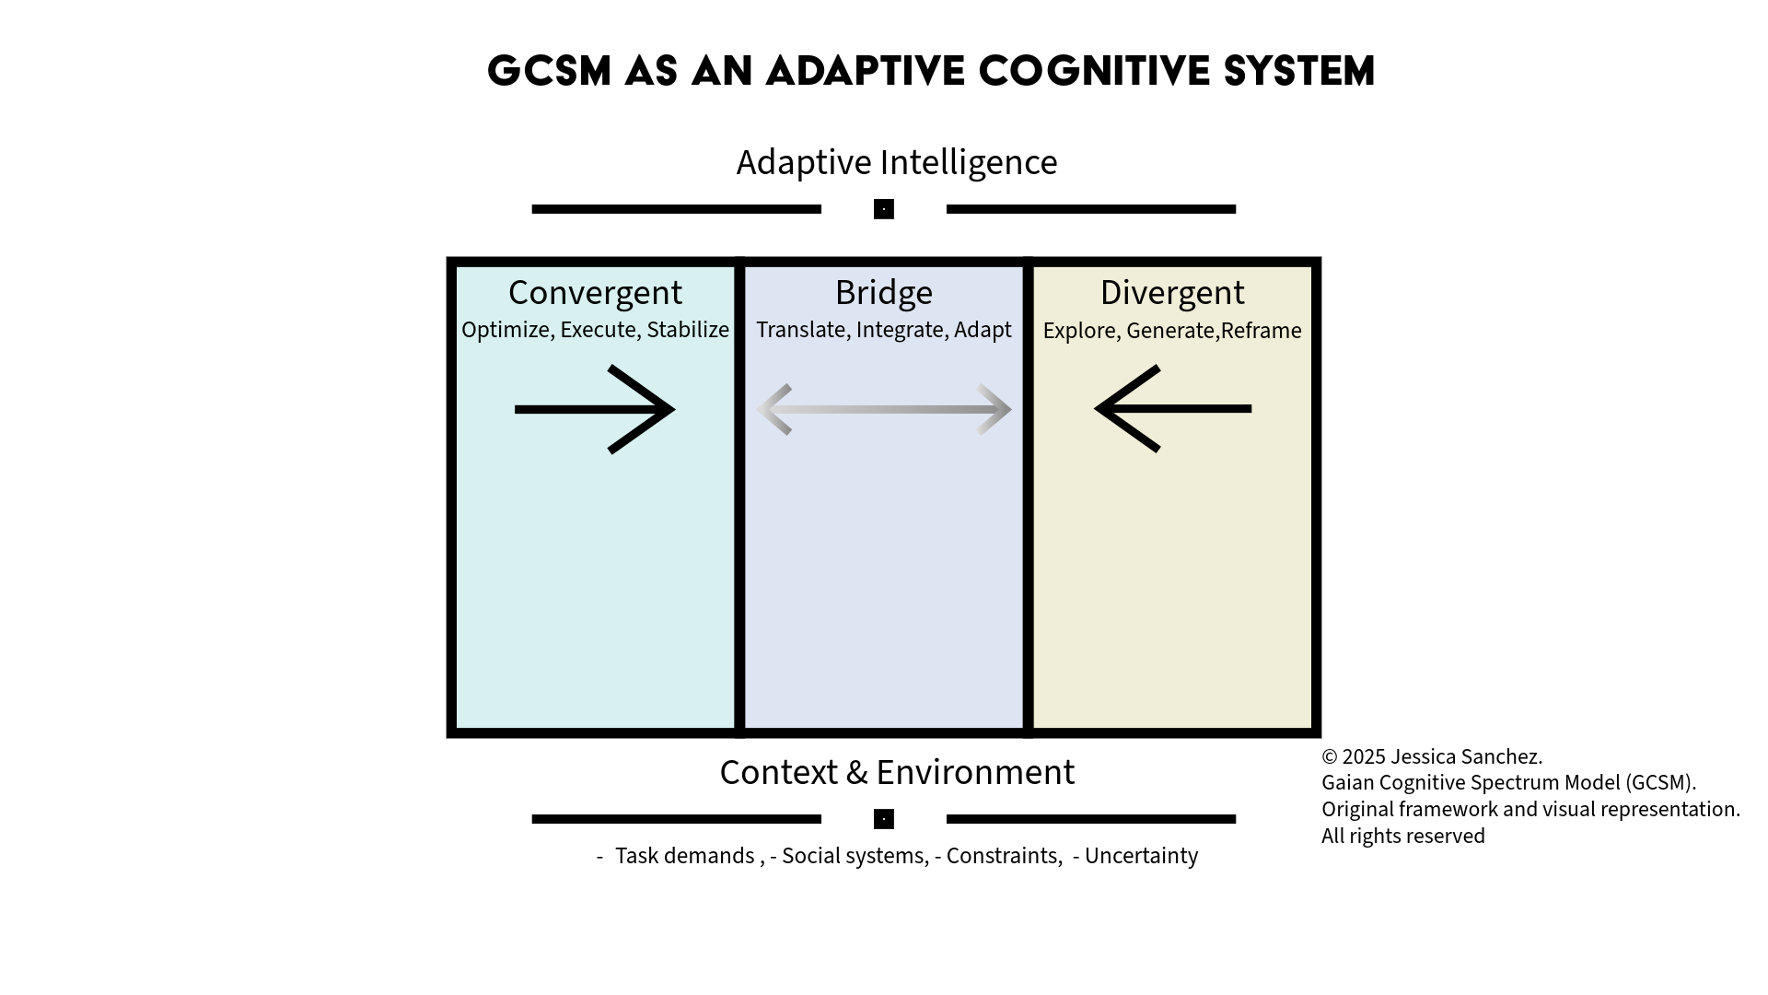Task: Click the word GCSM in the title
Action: (x=549, y=72)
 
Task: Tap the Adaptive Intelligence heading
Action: (x=896, y=162)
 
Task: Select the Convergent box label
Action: (x=595, y=293)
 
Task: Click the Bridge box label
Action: (x=883, y=293)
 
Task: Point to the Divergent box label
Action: (x=1171, y=293)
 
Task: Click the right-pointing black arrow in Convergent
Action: (x=595, y=409)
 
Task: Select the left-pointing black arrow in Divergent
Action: (x=1172, y=408)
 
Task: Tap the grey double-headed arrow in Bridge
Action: (x=884, y=409)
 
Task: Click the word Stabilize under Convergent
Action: (x=688, y=330)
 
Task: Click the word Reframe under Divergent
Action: (x=1261, y=331)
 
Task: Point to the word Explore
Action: (x=1079, y=331)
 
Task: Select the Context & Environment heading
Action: (x=896, y=772)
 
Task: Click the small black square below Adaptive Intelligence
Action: (x=884, y=209)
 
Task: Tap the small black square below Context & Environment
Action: (x=884, y=819)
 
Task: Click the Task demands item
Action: (x=684, y=856)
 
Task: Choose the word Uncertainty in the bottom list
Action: (x=1141, y=856)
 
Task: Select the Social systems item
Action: (x=853, y=856)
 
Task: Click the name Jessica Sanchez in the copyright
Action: (x=1465, y=756)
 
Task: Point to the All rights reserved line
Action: (x=1402, y=836)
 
